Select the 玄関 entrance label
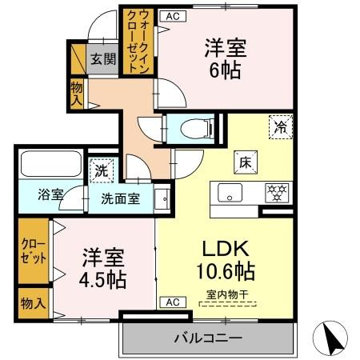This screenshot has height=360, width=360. (x=101, y=58)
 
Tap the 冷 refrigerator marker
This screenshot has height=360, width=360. (x=281, y=126)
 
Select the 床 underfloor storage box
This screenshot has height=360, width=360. (x=244, y=162)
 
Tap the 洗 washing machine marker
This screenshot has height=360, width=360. (x=102, y=170)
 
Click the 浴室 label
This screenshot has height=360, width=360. (x=50, y=194)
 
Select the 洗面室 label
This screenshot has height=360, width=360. (x=120, y=198)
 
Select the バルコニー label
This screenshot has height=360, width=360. (x=208, y=339)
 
